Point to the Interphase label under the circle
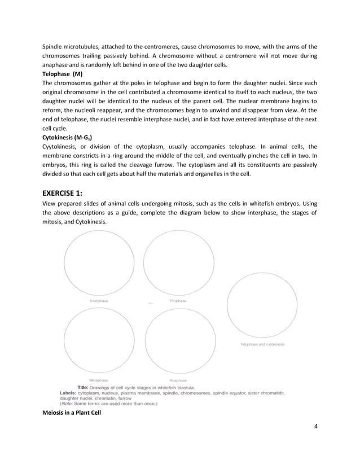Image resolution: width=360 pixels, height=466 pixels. click(99, 301)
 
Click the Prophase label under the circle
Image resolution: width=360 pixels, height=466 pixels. click(178, 301)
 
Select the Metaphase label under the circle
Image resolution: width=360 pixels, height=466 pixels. click(99, 380)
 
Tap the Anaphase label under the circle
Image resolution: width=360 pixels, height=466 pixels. click(178, 380)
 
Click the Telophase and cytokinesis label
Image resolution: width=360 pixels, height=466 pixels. click(262, 344)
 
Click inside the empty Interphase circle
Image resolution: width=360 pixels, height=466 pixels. click(99, 263)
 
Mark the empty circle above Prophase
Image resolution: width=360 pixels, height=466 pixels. click(178, 263)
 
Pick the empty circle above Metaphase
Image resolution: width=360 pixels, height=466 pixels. click(99, 342)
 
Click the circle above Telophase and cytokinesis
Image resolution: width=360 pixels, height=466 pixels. click(262, 305)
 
